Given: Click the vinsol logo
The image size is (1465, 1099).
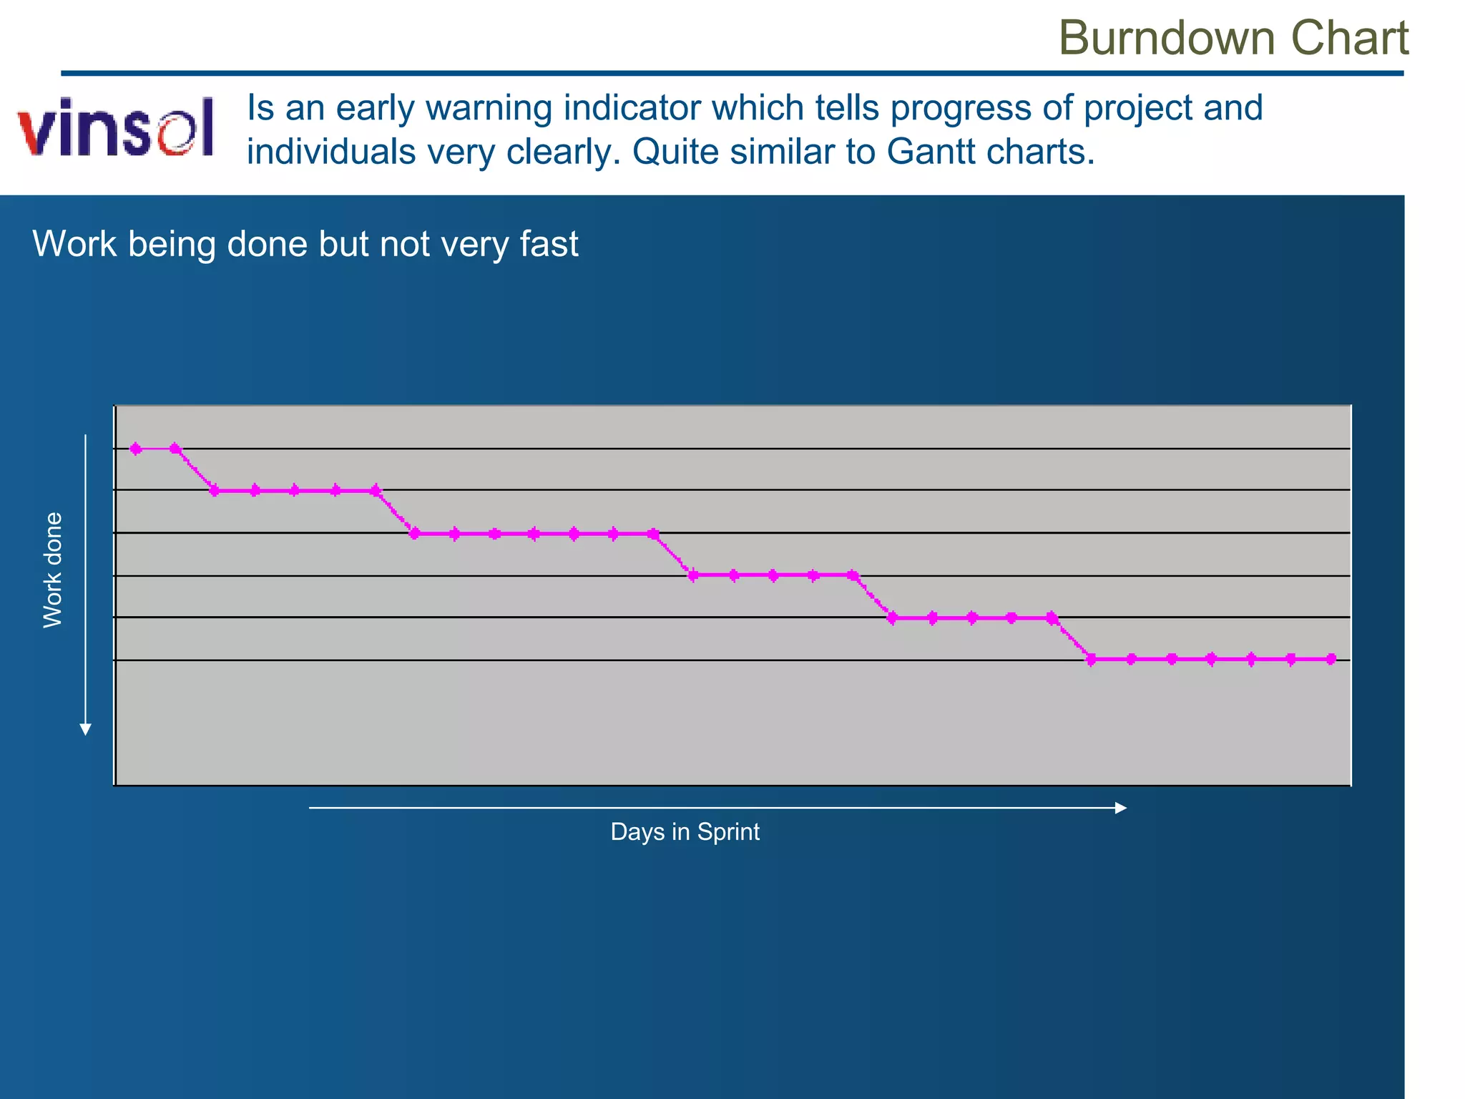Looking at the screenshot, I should (x=116, y=127).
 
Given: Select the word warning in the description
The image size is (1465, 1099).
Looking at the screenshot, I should (x=488, y=108).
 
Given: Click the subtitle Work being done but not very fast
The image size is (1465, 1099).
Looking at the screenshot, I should (x=305, y=244).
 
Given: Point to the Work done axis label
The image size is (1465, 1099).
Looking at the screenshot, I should (x=53, y=570).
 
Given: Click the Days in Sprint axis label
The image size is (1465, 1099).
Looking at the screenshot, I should (x=685, y=831).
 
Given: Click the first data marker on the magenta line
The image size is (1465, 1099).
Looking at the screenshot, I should (x=136, y=449).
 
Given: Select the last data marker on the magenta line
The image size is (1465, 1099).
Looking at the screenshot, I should (x=1331, y=659).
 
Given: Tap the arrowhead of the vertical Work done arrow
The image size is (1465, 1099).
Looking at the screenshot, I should (x=85, y=730).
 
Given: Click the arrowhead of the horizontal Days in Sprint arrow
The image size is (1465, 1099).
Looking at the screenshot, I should (x=1121, y=808).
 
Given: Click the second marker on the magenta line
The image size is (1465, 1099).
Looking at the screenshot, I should (x=175, y=449).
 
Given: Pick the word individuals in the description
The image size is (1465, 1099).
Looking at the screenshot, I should (x=331, y=152).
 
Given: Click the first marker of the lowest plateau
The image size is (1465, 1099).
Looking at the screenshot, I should (x=1091, y=659).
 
